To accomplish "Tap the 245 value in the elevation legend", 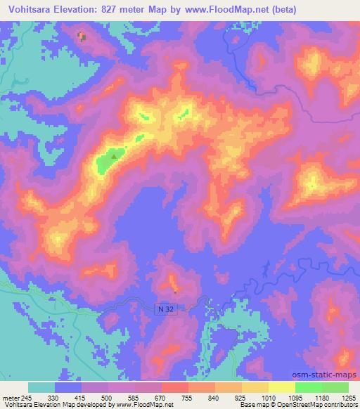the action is [27, 397].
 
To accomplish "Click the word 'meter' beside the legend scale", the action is [11, 397].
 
